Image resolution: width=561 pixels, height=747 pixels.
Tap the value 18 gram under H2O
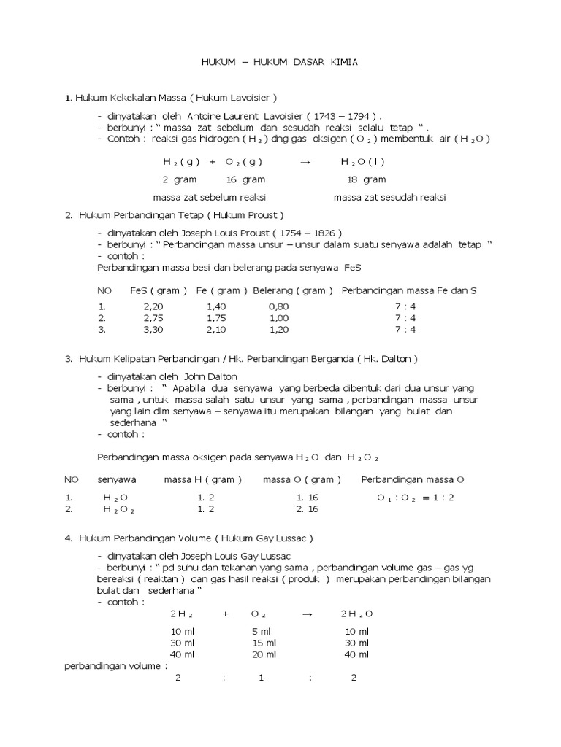point(365,179)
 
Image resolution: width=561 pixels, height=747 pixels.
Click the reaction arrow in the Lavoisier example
point(306,162)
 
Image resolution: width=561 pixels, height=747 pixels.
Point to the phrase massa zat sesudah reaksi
point(389,198)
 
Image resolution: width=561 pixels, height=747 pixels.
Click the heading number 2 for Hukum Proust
point(68,215)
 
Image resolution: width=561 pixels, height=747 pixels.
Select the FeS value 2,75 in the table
point(154,318)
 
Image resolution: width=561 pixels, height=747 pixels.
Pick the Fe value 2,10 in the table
point(217,330)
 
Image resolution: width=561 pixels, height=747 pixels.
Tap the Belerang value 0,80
point(278,307)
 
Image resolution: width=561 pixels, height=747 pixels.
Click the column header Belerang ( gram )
point(293,290)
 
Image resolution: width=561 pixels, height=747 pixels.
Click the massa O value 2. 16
point(308,509)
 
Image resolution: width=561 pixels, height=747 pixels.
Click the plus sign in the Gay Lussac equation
point(226,614)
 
